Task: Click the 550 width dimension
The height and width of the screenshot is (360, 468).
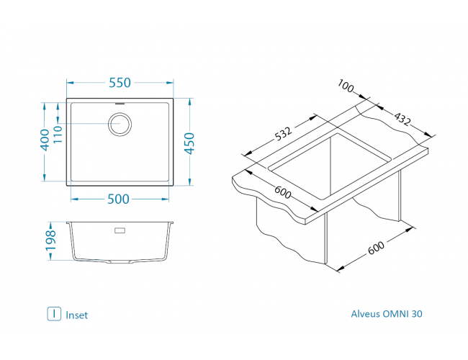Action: (120, 83)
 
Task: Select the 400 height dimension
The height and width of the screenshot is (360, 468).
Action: (45, 139)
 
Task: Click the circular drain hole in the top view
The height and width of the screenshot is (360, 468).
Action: (120, 125)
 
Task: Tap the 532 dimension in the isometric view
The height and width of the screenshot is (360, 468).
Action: (283, 135)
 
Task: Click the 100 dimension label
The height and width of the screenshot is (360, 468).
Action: (346, 88)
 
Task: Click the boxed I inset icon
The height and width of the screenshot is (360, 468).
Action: (53, 314)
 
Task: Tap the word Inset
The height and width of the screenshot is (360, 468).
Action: (76, 315)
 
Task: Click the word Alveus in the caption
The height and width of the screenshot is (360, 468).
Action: (366, 314)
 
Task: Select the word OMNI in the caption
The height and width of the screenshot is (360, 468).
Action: (397, 314)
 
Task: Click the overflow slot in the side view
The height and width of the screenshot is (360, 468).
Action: (120, 231)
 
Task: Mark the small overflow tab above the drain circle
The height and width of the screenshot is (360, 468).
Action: (120, 106)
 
